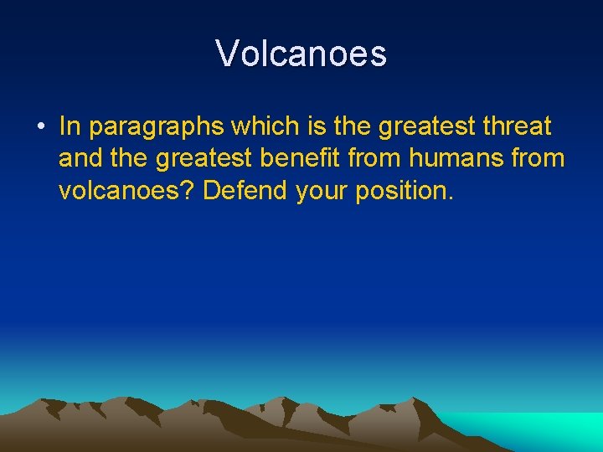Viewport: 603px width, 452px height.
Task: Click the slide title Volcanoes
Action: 301,54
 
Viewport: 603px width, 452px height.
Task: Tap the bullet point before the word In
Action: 40,127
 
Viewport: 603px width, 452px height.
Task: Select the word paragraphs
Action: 157,127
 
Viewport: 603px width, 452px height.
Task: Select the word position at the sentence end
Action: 403,191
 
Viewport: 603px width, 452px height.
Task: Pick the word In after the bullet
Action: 70,126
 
